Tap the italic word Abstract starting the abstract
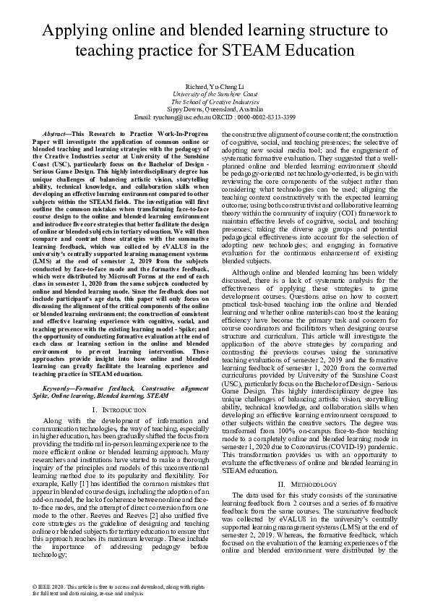tap(58, 135)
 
